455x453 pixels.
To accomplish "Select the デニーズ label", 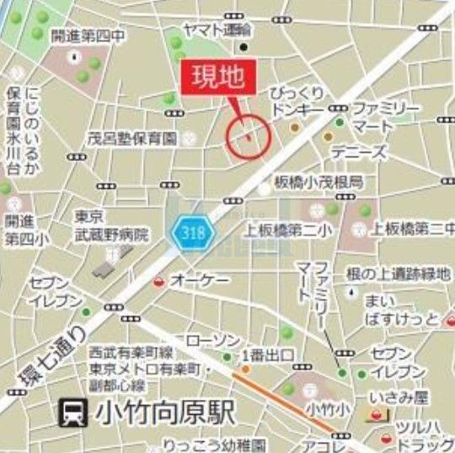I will (x=359, y=153).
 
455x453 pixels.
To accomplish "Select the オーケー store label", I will (x=195, y=278).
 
